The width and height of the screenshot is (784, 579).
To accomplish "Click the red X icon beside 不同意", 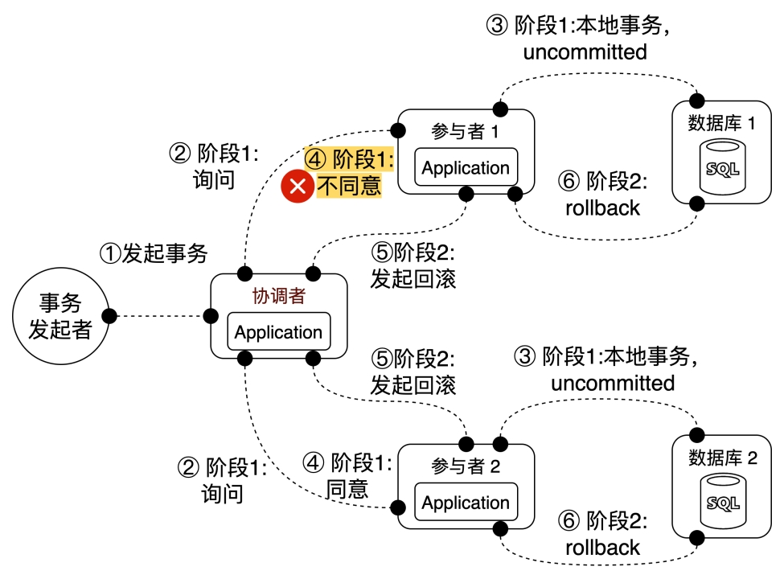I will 298,187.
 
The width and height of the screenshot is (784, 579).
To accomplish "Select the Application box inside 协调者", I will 278,332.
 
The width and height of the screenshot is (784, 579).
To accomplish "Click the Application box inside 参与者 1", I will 466,168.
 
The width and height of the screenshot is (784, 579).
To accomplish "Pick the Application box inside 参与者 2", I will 466,503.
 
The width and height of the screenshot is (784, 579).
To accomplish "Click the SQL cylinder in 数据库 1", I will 721,168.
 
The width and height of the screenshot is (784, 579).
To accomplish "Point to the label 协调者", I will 279,295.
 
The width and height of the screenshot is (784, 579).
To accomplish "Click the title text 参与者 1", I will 466,131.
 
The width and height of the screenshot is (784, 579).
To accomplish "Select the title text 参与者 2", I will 466,466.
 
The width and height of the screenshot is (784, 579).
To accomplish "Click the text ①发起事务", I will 153,254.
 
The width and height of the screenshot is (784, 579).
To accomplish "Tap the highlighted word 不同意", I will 349,187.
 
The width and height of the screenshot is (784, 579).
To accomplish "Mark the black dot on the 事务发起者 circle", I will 108,315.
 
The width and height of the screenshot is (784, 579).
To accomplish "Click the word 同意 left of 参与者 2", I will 347,488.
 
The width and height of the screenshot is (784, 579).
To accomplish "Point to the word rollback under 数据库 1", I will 602,207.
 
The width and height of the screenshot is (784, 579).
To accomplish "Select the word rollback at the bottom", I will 602,548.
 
